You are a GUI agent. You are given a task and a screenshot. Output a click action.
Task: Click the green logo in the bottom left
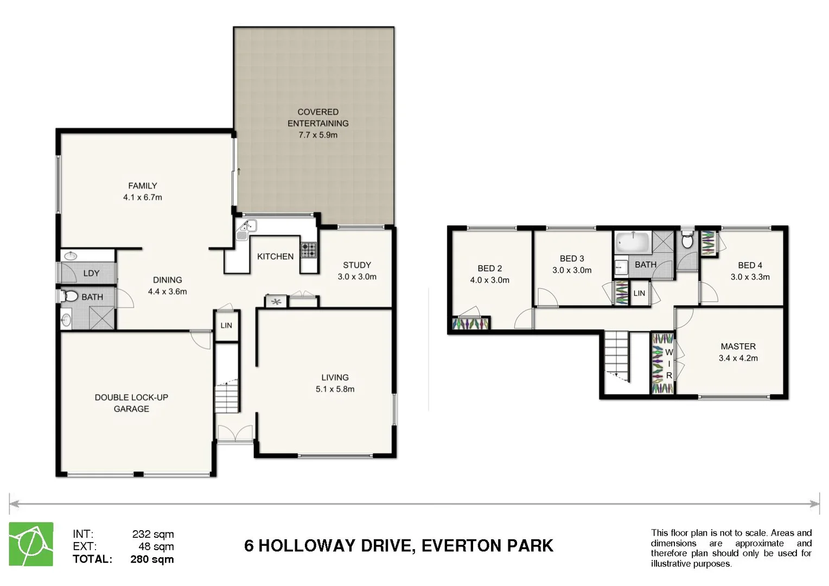coord(31,544)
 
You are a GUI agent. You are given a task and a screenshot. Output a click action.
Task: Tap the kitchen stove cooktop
coord(309,250)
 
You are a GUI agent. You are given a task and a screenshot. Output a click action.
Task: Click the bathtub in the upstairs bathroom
coord(633,241)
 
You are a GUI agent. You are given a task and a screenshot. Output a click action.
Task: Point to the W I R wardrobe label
coord(668,364)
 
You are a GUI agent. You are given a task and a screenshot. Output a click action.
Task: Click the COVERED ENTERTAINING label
coord(318,118)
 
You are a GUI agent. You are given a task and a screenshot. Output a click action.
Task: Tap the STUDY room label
coord(356,265)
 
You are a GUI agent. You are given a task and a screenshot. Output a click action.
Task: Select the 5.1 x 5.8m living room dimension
coord(335,389)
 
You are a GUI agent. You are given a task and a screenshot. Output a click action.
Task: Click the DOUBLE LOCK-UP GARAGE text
coord(131,403)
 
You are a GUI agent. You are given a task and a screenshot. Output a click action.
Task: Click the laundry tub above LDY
coord(71,256)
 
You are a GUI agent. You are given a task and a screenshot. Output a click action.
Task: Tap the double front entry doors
coord(234,432)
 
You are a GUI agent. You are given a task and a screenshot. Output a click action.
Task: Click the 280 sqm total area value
coord(152,559)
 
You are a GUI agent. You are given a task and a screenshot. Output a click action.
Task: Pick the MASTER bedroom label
coord(738,346)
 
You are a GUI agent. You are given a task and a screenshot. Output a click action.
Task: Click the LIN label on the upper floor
coord(639,293)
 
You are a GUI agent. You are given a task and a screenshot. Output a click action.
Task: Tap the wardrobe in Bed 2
coord(470,324)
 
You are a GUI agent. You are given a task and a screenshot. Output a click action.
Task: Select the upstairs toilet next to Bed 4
coord(687,240)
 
